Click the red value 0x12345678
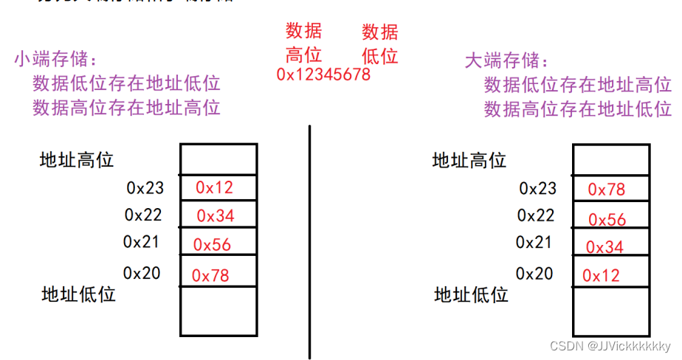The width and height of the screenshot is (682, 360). click(323, 75)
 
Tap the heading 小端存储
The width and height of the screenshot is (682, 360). click(55, 60)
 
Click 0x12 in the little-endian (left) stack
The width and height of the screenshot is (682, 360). click(214, 187)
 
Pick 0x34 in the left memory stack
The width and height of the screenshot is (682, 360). click(215, 216)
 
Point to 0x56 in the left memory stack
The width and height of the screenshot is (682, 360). click(213, 245)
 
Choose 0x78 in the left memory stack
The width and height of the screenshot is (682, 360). click(210, 276)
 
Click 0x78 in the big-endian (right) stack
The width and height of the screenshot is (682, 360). click(607, 190)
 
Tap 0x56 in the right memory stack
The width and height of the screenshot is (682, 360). click(607, 219)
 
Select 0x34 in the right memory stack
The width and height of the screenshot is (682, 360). click(604, 247)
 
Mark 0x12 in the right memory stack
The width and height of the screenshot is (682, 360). click(602, 276)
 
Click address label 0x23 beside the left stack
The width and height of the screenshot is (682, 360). click(145, 188)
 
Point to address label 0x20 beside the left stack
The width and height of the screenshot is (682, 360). click(142, 273)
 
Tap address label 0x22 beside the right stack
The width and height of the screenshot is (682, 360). click(536, 215)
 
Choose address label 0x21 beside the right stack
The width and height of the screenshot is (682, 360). click(534, 242)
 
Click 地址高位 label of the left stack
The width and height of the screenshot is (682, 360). click(77, 159)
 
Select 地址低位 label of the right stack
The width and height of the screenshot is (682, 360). click(471, 295)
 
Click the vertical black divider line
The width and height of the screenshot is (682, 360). click(310, 243)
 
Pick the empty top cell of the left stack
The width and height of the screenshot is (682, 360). click(218, 159)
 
